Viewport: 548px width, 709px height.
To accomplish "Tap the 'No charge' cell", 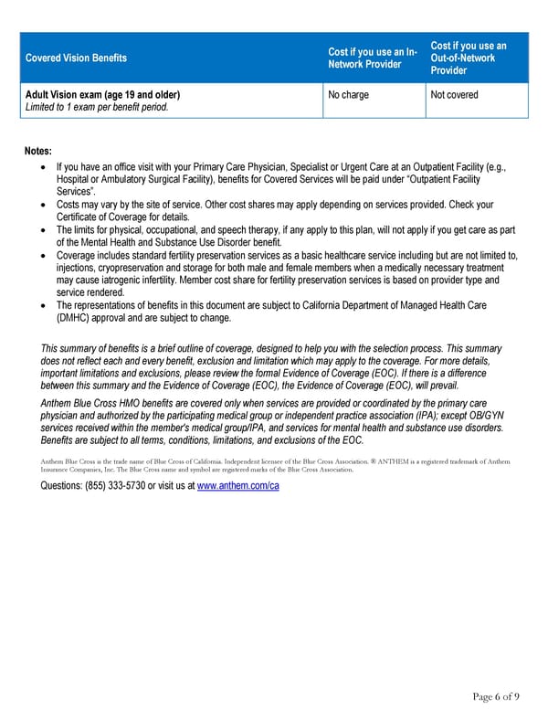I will [x=348, y=95].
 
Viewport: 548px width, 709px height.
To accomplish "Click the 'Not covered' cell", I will [x=454, y=95].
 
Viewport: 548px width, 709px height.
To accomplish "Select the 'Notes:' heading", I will [x=38, y=152].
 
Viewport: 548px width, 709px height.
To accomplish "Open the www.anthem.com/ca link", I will [x=237, y=485].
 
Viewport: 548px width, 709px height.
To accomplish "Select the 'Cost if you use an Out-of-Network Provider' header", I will [x=468, y=58].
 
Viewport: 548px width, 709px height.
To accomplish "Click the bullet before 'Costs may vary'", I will [x=46, y=205].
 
